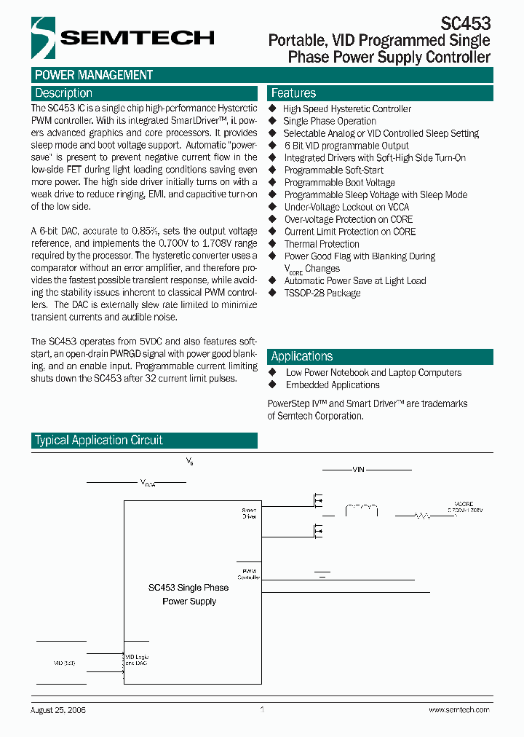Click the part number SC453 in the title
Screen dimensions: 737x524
pyautogui.click(x=466, y=23)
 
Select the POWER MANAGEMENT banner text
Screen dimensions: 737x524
pyautogui.click(x=94, y=75)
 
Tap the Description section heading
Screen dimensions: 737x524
pyautogui.click(x=64, y=93)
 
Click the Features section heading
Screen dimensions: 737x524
pyautogui.click(x=293, y=93)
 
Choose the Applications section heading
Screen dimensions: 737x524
pyautogui.click(x=302, y=356)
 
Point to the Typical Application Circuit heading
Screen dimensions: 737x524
pyautogui.click(x=99, y=440)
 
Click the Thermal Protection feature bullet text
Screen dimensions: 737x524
pyautogui.click(x=322, y=244)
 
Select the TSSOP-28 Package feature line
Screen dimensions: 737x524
pyautogui.click(x=322, y=293)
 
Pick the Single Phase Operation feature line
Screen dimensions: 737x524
pyautogui.click(x=330, y=121)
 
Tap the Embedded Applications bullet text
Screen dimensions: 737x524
pyautogui.click(x=333, y=385)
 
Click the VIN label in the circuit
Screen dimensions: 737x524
pyautogui.click(x=357, y=470)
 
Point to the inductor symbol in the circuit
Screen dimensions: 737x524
pyautogui.click(x=362, y=508)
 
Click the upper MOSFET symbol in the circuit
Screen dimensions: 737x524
pyautogui.click(x=317, y=501)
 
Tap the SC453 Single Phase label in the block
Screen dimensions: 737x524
pyautogui.click(x=188, y=588)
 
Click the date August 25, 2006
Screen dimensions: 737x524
pyautogui.click(x=59, y=710)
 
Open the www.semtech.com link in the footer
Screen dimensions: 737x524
pyautogui.click(x=458, y=710)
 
